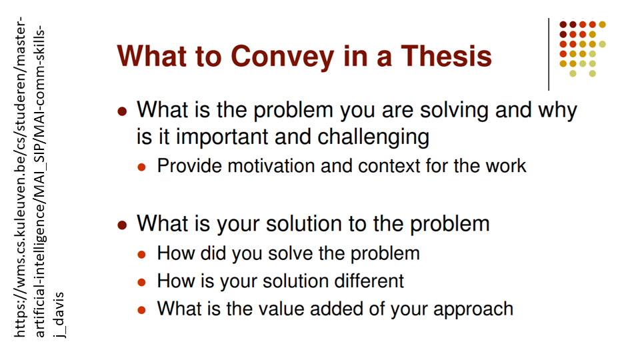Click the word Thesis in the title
click(x=446, y=56)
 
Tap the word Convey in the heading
click(x=283, y=57)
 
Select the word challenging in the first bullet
click(x=373, y=137)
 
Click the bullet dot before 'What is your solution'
click(x=122, y=225)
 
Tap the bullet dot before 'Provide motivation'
click(x=141, y=167)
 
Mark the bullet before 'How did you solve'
click(x=141, y=255)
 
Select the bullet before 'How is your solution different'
click(x=141, y=283)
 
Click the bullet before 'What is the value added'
click(x=141, y=310)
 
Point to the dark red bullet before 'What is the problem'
click(x=122, y=111)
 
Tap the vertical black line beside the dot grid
click(x=549, y=54)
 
